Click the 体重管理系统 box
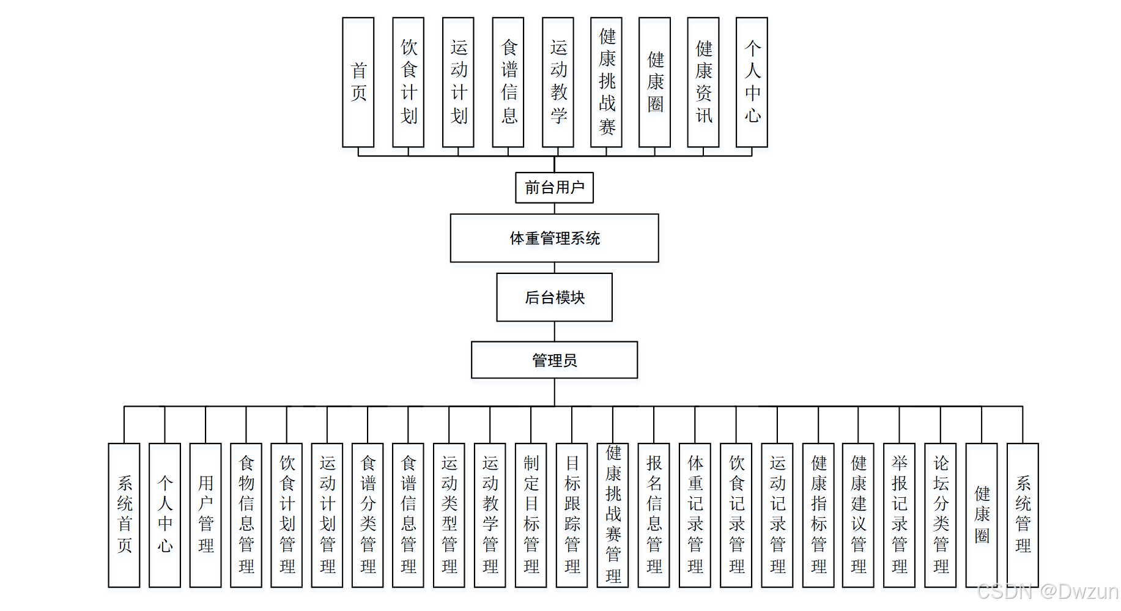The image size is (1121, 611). pyautogui.click(x=554, y=238)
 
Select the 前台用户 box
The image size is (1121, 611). pyautogui.click(x=554, y=187)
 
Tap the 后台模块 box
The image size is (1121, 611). pyautogui.click(x=554, y=297)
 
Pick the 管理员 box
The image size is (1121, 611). pyautogui.click(x=554, y=360)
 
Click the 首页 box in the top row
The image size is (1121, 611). pyautogui.click(x=358, y=82)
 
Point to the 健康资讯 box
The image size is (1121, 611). pyautogui.click(x=703, y=82)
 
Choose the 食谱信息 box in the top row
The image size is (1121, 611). pyautogui.click(x=508, y=82)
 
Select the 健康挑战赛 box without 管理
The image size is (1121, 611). pyautogui.click(x=606, y=82)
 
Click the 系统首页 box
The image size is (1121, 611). pyautogui.click(x=124, y=515)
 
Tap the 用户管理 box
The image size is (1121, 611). pyautogui.click(x=205, y=515)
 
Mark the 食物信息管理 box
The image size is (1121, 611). pyautogui.click(x=246, y=515)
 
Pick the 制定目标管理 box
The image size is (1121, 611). pyautogui.click(x=531, y=515)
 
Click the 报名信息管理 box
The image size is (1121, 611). pyautogui.click(x=654, y=515)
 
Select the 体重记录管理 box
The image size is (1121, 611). pyautogui.click(x=695, y=515)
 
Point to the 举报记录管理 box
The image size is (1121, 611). pyautogui.click(x=899, y=515)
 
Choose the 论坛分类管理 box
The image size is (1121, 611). pyautogui.click(x=941, y=515)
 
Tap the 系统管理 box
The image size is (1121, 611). pyautogui.click(x=1023, y=515)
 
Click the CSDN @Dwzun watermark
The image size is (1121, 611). pyautogui.click(x=1047, y=591)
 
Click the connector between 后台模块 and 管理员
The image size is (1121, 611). pyautogui.click(x=555, y=331)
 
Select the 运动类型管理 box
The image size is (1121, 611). pyautogui.click(x=449, y=515)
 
